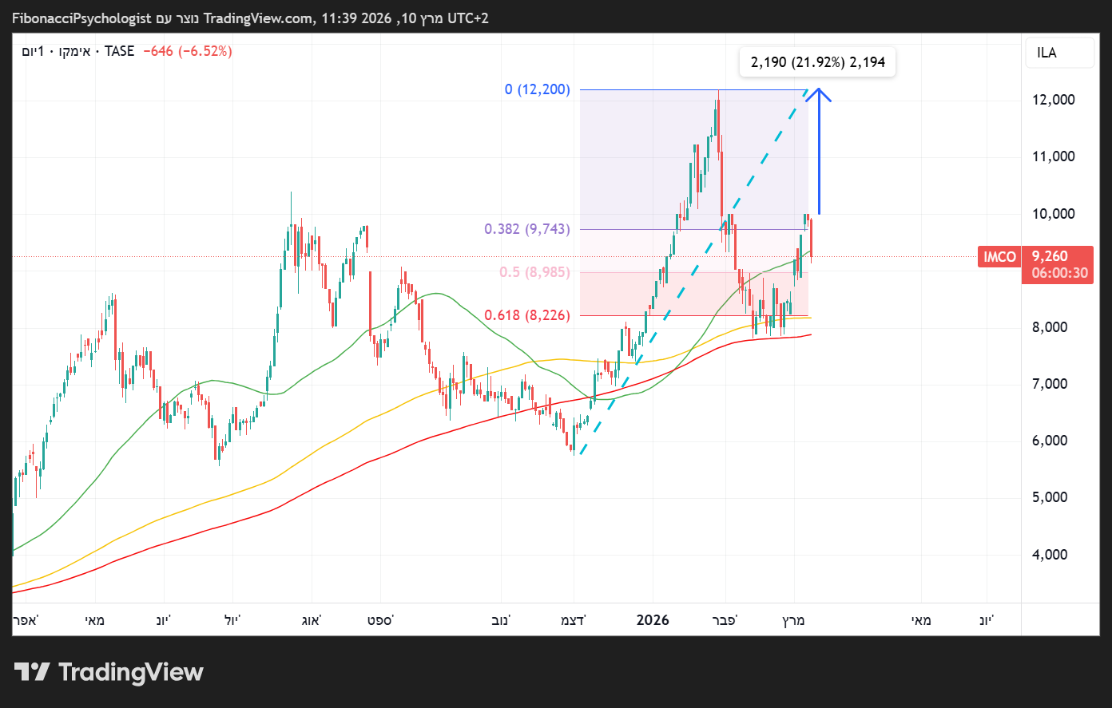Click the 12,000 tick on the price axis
tap(1053, 100)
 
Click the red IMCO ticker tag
tap(999, 257)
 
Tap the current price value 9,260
tap(1050, 257)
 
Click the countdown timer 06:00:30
tap(1059, 273)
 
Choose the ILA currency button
tap(1046, 53)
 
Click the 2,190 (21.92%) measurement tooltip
tap(817, 62)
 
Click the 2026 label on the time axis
tap(653, 620)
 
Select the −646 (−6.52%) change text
tap(187, 51)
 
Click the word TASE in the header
tap(120, 51)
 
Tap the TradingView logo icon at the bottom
tap(32, 672)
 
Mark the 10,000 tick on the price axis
tap(1053, 214)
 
